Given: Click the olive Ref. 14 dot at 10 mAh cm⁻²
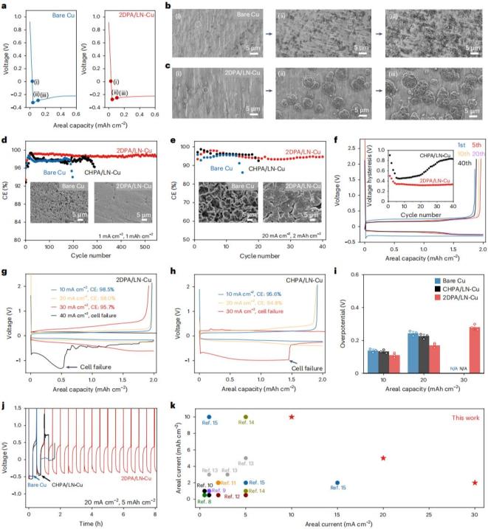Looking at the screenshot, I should point(246,417).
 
